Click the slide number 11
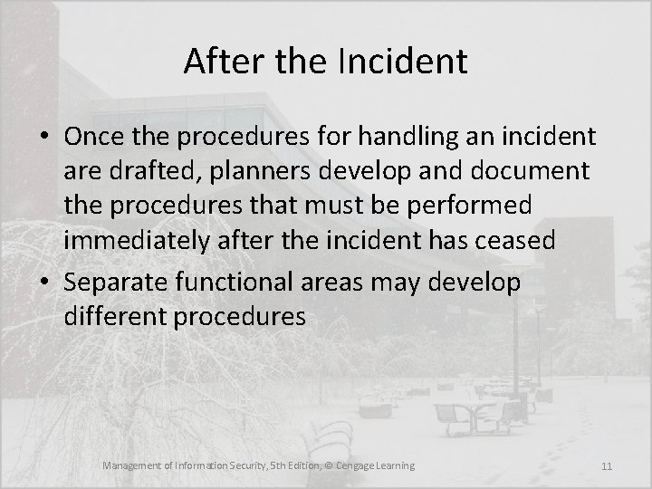click(607, 466)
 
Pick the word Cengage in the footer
click(352, 465)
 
